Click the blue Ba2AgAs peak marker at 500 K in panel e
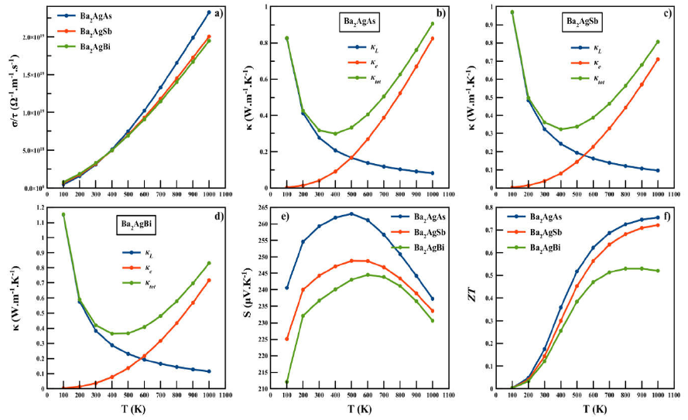click(x=351, y=213)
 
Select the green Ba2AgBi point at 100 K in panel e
click(x=286, y=381)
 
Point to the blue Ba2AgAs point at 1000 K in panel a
click(x=209, y=12)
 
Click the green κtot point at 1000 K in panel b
click(x=433, y=23)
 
